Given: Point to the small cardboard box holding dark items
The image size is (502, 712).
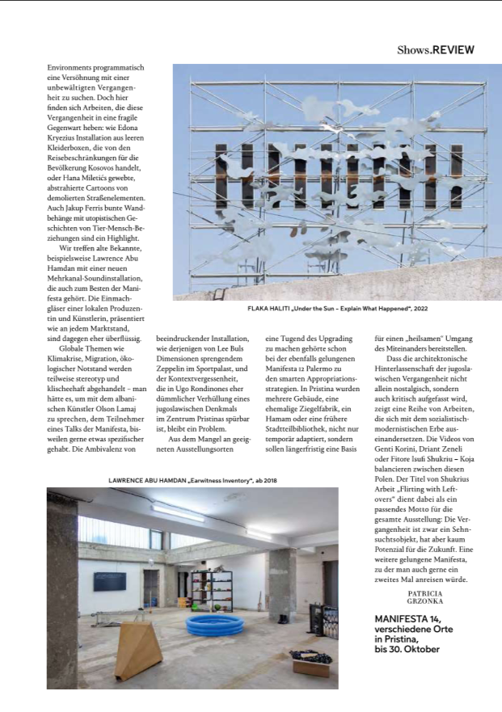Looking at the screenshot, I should click(310, 664).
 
